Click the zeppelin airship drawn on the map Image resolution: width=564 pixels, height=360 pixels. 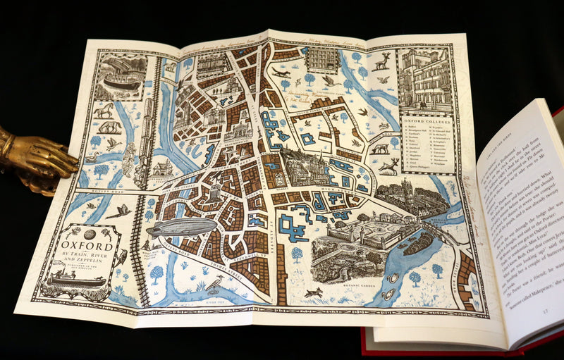[x=180, y=227]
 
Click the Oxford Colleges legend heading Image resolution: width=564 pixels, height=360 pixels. [x=427, y=120]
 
